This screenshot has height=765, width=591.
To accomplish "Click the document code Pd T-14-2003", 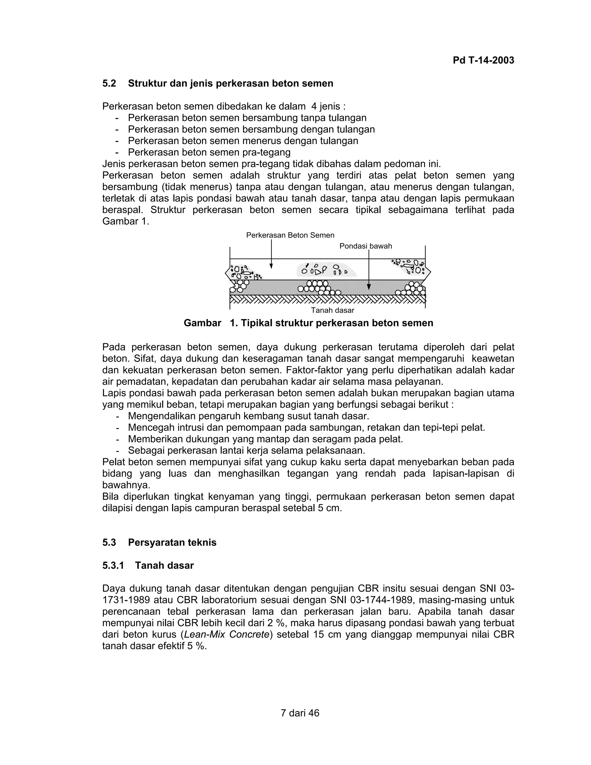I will pos(483,60).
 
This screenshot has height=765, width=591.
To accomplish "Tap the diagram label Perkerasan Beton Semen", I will pos(290,235).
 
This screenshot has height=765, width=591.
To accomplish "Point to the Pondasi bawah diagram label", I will pos(366,246).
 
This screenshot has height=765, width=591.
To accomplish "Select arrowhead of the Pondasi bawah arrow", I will pos(369,287).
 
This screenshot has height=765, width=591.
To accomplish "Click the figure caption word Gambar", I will pos(202,323).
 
